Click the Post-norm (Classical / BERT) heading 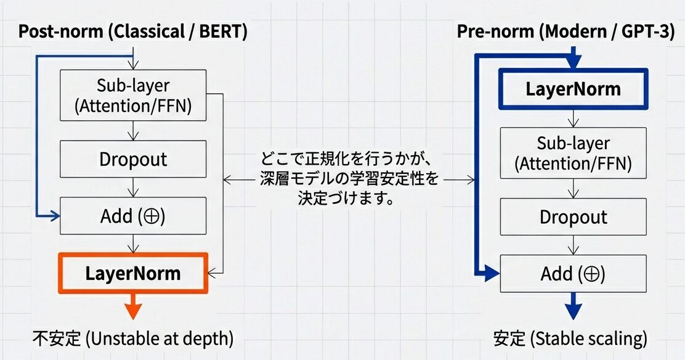point(132,32)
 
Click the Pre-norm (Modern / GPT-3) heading point(565,31)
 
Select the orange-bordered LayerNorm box point(132,272)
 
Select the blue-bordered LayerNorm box point(573,89)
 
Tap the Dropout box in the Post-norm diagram point(132,159)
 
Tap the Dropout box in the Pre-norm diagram point(573,217)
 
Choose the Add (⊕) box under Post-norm point(132,216)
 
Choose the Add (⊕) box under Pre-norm point(573,273)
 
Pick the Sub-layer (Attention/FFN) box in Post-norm point(132,96)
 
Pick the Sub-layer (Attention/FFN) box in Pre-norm point(573,153)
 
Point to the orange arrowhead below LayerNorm point(132,311)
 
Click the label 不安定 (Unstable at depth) point(132,338)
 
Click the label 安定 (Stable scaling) point(570,338)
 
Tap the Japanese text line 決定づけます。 point(348,199)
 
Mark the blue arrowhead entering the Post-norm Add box point(55,216)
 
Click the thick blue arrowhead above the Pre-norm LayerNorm point(574,62)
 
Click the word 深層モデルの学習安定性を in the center point(348,180)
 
